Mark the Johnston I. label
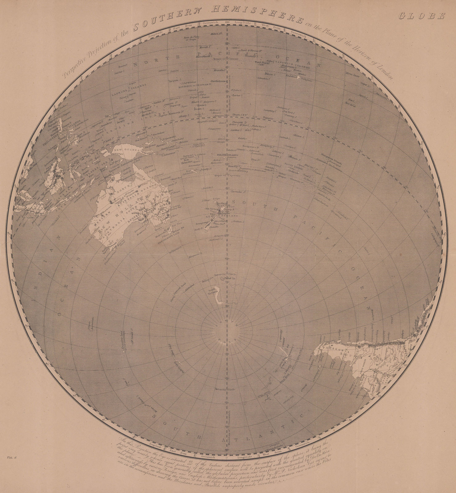click(262, 79)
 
